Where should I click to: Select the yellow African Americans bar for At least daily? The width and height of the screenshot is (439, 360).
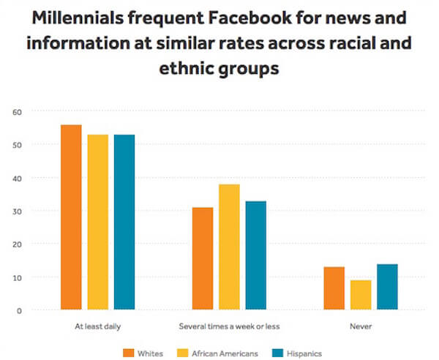[x=97, y=222]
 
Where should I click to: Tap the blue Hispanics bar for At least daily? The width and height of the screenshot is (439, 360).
[x=124, y=222]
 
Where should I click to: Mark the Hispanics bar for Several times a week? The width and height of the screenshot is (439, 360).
[x=256, y=255]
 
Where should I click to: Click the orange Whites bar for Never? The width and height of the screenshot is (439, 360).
[x=334, y=288]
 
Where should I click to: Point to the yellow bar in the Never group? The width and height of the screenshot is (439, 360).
[x=361, y=295]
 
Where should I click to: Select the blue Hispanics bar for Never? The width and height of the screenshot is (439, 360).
[x=387, y=287]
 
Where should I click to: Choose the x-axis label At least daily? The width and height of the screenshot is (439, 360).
[x=97, y=324]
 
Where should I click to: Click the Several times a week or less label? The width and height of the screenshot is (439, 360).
[x=229, y=324]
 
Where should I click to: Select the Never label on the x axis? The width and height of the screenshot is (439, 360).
[x=361, y=324]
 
